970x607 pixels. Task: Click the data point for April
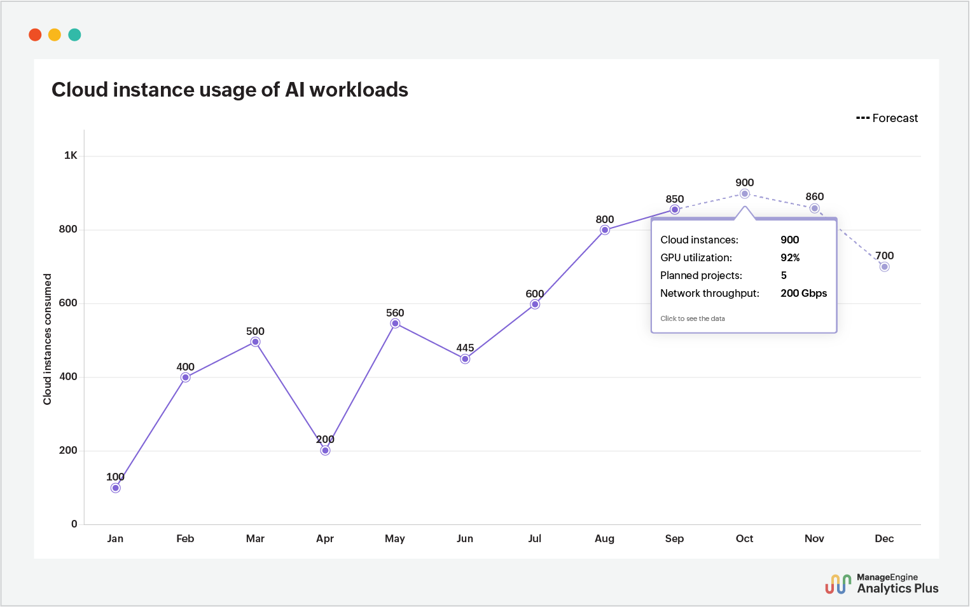point(325,451)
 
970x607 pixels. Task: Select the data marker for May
point(395,324)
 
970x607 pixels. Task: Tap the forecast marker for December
point(884,267)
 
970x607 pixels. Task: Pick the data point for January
point(115,488)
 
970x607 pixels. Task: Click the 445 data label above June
point(465,348)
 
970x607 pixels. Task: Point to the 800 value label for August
point(604,219)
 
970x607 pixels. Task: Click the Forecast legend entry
point(887,118)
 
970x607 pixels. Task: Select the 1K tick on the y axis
point(71,156)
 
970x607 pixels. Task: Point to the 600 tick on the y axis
point(68,303)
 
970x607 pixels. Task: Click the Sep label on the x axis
point(674,538)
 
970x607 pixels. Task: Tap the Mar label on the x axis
point(255,538)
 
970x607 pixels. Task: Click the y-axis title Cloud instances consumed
point(47,339)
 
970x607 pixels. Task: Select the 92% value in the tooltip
point(790,257)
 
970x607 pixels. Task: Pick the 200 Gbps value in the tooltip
point(803,293)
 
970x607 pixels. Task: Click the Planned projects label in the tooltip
point(701,275)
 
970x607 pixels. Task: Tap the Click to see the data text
point(692,318)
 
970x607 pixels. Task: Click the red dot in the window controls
point(35,35)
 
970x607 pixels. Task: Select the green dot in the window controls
point(74,35)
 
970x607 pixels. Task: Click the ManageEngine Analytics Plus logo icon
point(838,583)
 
